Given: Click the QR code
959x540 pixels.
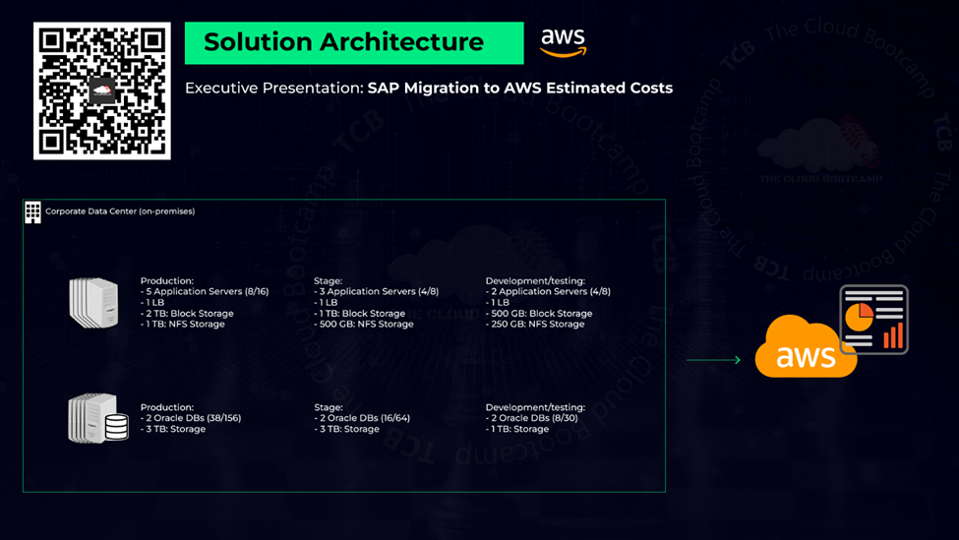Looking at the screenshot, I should pos(102,90).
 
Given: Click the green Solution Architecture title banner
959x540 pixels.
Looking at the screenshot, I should pos(353,43).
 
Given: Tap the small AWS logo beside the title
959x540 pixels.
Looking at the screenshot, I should pos(564,41).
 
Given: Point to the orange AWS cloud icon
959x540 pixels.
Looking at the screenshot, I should pos(803,348).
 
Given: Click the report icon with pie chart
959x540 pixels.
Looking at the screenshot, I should pos(873,319).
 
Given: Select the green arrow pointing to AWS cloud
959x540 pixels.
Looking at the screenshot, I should pos(713,360).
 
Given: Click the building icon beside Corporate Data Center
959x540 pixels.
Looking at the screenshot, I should pos(33,212).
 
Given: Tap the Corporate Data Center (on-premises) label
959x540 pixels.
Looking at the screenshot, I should pos(120,211).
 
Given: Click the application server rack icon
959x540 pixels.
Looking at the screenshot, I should pos(93,302).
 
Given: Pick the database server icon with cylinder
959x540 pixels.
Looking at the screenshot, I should pos(97,419).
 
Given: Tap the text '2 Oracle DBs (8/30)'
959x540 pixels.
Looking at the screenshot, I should pos(532,418).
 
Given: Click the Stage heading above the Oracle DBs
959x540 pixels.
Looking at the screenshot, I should pos(329,407).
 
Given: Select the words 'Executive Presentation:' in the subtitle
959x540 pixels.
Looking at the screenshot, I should pos(273,89).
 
